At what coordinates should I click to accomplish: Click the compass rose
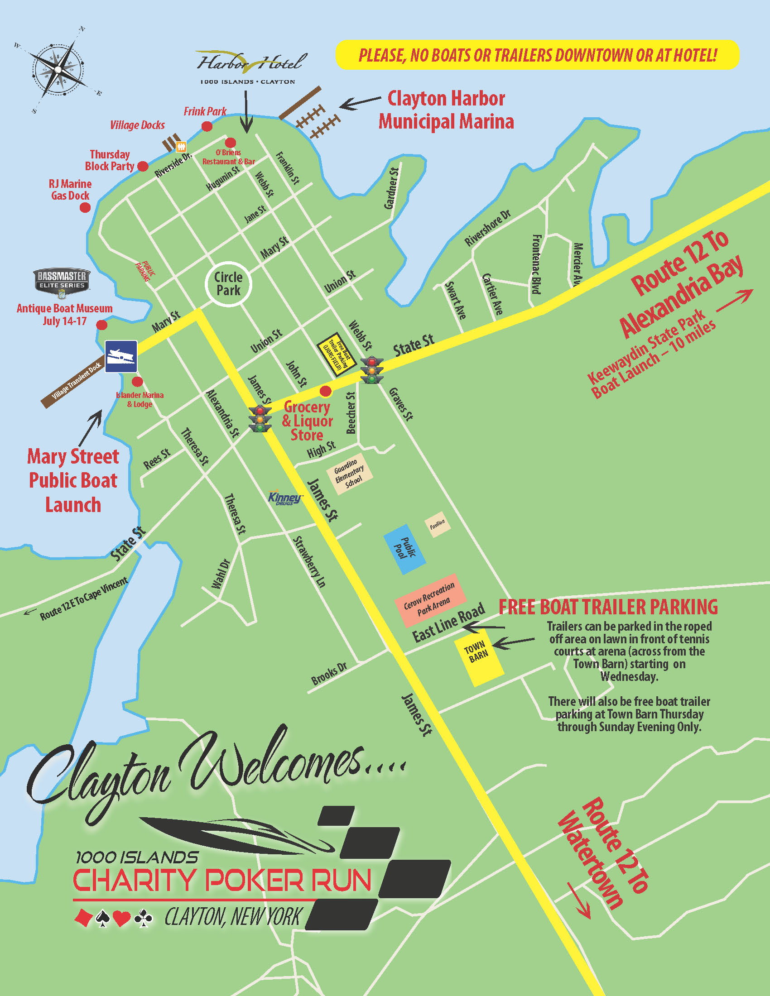[x=58, y=69]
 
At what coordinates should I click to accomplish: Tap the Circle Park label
[x=228, y=284]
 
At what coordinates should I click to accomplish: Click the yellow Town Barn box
[x=478, y=656]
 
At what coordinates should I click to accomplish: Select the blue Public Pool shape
[x=404, y=549]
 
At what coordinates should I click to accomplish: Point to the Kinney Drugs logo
[x=285, y=498]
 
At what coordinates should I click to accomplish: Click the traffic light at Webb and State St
[x=372, y=370]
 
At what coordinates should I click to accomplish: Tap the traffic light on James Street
[x=260, y=418]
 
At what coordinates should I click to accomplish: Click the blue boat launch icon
[x=121, y=356]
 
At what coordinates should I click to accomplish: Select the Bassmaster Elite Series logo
[x=62, y=281]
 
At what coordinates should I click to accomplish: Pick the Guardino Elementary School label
[x=349, y=474]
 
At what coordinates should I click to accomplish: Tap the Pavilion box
[x=438, y=525]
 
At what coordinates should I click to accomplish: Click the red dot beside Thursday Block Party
[x=143, y=166]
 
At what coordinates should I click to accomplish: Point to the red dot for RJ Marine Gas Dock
[x=85, y=207]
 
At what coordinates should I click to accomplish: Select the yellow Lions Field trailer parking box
[x=336, y=354]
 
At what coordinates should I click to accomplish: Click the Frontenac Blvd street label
[x=537, y=264]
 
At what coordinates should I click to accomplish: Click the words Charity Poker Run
[x=222, y=880]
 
